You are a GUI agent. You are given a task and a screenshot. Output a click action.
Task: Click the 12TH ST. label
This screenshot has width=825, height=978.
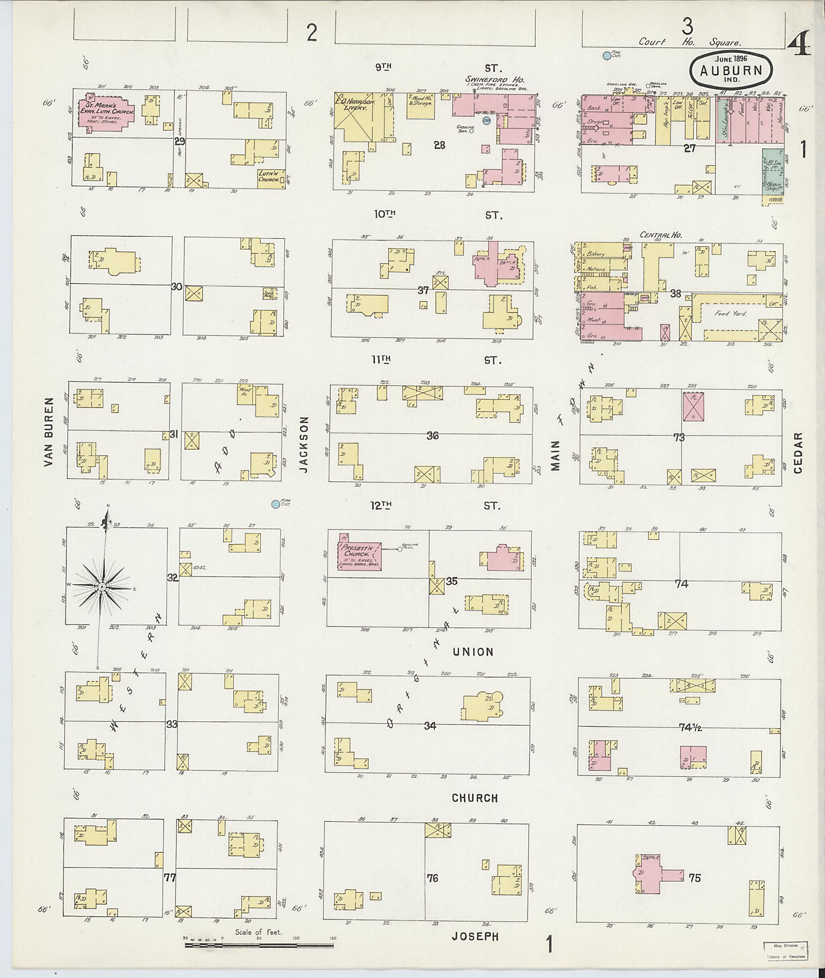tap(437, 505)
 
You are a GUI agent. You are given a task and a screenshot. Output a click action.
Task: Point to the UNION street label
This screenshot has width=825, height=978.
tap(473, 652)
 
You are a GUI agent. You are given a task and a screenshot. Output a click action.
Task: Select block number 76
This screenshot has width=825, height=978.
tap(432, 878)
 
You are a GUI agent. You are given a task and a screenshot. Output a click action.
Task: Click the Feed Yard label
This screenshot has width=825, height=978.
tap(730, 314)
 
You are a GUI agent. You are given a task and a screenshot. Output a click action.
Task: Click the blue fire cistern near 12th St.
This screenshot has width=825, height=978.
tap(276, 504)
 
